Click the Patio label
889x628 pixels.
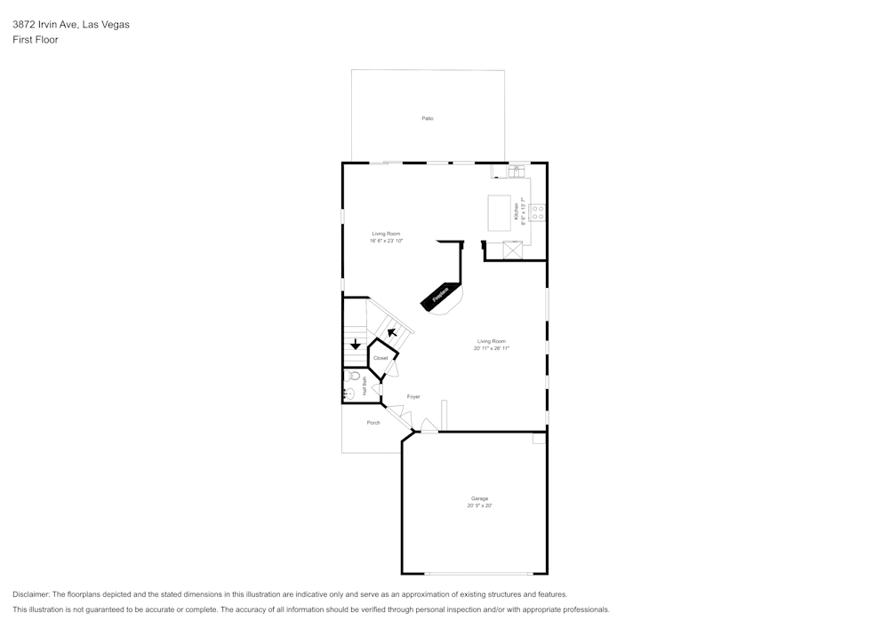[428, 118]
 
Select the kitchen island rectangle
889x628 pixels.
[500, 212]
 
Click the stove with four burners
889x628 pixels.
[538, 212]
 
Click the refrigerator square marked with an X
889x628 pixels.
[512, 250]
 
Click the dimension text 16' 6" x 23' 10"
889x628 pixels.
[387, 241]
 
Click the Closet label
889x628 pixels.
[380, 358]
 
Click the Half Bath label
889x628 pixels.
[364, 386]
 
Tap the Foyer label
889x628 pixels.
[413, 396]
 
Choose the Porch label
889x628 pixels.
[373, 423]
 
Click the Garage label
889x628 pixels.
[480, 498]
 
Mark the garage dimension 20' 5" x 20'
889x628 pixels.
[480, 505]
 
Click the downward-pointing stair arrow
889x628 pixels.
[356, 345]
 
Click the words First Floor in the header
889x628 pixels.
[36, 40]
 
